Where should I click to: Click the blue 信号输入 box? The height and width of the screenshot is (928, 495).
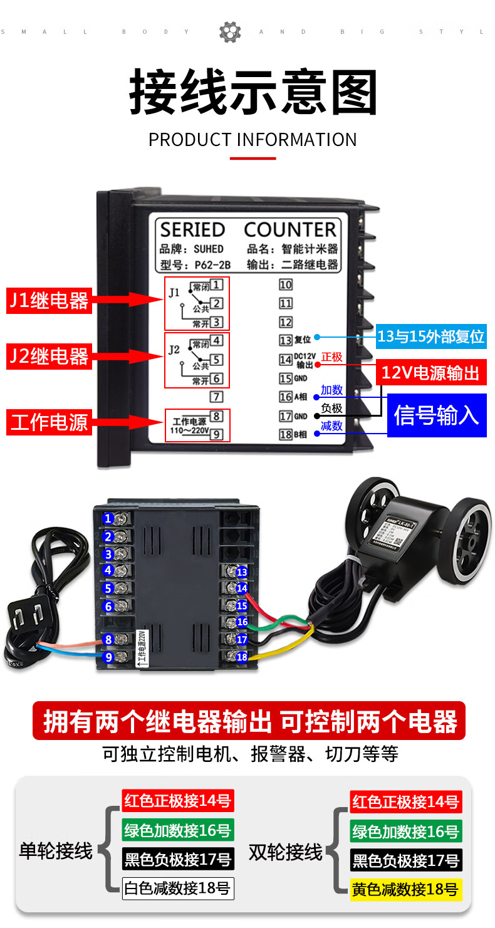(x=436, y=415)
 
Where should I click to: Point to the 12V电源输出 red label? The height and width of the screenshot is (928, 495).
(x=430, y=373)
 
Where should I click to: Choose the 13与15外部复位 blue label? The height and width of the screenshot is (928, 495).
(x=431, y=336)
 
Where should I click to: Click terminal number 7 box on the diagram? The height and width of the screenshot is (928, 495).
(x=216, y=396)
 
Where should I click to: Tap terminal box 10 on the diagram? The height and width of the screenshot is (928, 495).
(x=286, y=285)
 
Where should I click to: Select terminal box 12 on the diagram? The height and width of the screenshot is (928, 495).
(x=286, y=322)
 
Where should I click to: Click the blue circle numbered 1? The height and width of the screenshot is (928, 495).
(x=108, y=518)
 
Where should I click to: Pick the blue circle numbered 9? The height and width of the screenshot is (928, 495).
(x=108, y=657)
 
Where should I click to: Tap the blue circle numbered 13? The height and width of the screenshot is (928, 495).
(x=242, y=572)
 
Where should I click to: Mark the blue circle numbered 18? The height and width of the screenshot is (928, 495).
(x=242, y=657)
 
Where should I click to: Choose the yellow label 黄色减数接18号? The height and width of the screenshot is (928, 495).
(x=406, y=889)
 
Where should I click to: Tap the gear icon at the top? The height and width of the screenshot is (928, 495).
(x=230, y=32)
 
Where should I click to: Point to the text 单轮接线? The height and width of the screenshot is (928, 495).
(x=56, y=851)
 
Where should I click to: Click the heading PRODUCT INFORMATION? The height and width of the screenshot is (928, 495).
(x=253, y=139)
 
